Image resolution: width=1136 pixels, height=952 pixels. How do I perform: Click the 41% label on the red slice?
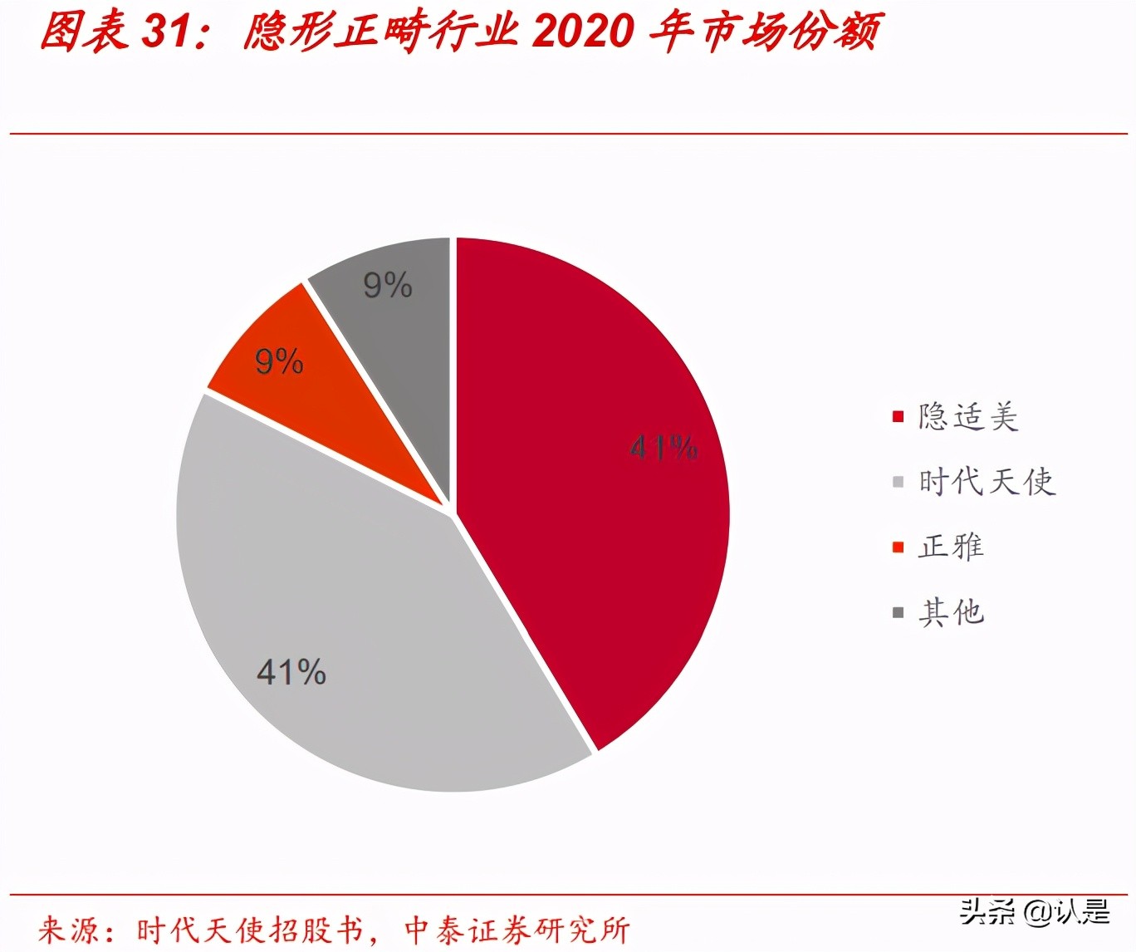pos(663,448)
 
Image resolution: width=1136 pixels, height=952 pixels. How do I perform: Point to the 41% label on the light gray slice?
pos(291,672)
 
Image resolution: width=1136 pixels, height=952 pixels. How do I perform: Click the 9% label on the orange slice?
pos(279,362)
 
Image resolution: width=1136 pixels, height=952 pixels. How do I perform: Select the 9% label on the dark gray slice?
pos(388,286)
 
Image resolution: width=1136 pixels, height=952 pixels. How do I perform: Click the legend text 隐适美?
pos(968,416)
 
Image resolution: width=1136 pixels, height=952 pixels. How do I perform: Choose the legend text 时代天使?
pos(987,482)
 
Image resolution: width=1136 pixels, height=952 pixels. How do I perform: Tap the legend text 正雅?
pos(951,547)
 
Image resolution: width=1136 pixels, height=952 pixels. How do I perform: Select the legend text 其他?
pos(951,612)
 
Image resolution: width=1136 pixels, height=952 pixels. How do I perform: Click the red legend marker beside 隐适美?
pos(898,416)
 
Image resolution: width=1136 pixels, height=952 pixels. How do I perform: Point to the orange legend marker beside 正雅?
pos(898,547)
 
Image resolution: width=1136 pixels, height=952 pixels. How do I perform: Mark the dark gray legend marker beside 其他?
pos(898,613)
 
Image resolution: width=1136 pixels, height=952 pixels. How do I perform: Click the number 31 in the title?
pos(166,32)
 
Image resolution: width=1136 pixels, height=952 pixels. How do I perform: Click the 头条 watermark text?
pos(987,912)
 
